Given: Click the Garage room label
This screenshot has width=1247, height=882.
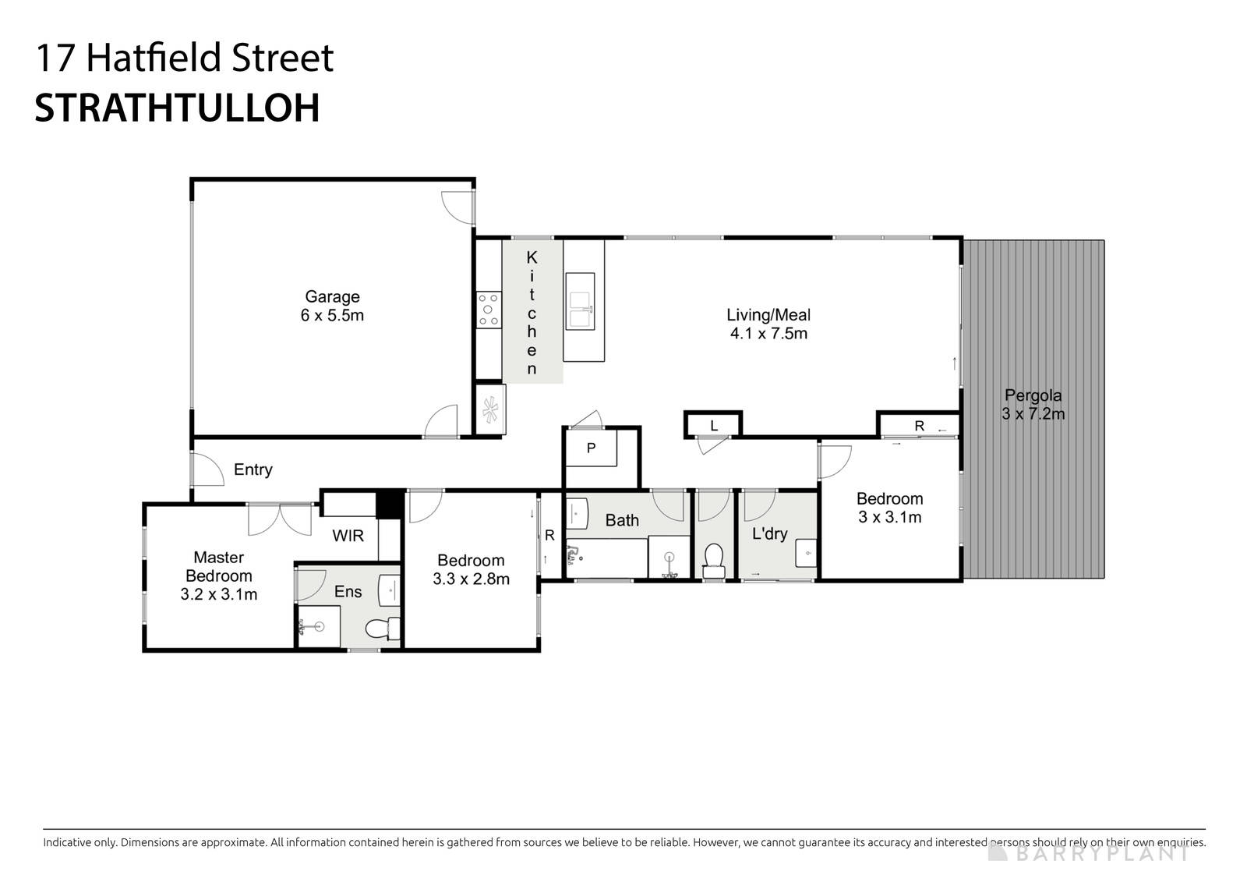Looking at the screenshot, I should click(332, 296).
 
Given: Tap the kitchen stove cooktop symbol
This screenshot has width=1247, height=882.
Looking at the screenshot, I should click(489, 309).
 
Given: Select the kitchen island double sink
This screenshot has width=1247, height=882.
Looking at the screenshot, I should click(579, 300).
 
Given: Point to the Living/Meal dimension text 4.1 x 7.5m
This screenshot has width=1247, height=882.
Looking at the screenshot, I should click(768, 334).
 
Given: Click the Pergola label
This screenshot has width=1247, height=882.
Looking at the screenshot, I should click(1033, 395).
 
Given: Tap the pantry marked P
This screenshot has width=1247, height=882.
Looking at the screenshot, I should click(591, 448).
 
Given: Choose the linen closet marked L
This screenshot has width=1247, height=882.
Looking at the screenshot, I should click(713, 425).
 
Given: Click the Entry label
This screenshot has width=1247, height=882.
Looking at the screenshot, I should click(253, 469).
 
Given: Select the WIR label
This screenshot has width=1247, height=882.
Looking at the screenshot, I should click(348, 537).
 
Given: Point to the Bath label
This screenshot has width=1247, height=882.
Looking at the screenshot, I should click(622, 520).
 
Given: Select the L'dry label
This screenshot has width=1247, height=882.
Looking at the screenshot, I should click(769, 534).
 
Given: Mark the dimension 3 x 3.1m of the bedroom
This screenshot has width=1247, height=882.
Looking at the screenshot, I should click(889, 517).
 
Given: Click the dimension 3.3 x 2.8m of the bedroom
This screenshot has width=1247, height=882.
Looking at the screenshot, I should click(471, 579).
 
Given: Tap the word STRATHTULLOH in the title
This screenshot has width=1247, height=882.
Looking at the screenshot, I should click(178, 108).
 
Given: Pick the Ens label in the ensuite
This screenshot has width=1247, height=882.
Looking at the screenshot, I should click(348, 592).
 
